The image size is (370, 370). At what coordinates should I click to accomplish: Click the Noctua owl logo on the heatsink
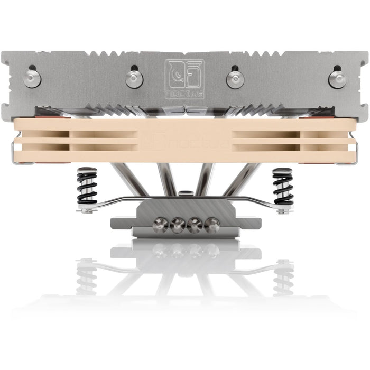coord(184,75)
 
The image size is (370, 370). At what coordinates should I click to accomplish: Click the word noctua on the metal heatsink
coord(184,95)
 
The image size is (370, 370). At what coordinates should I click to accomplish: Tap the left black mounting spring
coord(87,186)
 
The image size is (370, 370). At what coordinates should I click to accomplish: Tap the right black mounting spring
coord(283,186)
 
